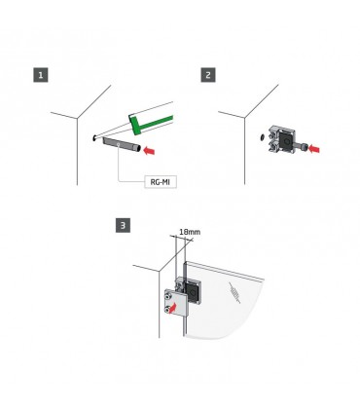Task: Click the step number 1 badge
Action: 41,75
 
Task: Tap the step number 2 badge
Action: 208,75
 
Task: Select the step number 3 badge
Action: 123,225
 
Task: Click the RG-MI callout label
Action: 161,181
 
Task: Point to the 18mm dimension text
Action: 190,232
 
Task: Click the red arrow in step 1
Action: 149,150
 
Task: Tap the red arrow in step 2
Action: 314,149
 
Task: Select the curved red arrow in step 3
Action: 173,308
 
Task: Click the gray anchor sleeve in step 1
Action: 122,144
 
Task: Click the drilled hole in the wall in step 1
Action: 94,138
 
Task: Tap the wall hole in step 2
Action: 262,137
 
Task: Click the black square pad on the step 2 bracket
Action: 286,140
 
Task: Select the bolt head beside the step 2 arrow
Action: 303,148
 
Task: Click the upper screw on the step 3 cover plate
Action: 168,296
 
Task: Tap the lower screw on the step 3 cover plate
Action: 168,309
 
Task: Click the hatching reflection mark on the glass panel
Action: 234,292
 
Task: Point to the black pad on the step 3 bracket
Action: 192,291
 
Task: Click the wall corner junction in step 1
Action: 77,119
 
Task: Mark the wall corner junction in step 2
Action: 244,118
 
